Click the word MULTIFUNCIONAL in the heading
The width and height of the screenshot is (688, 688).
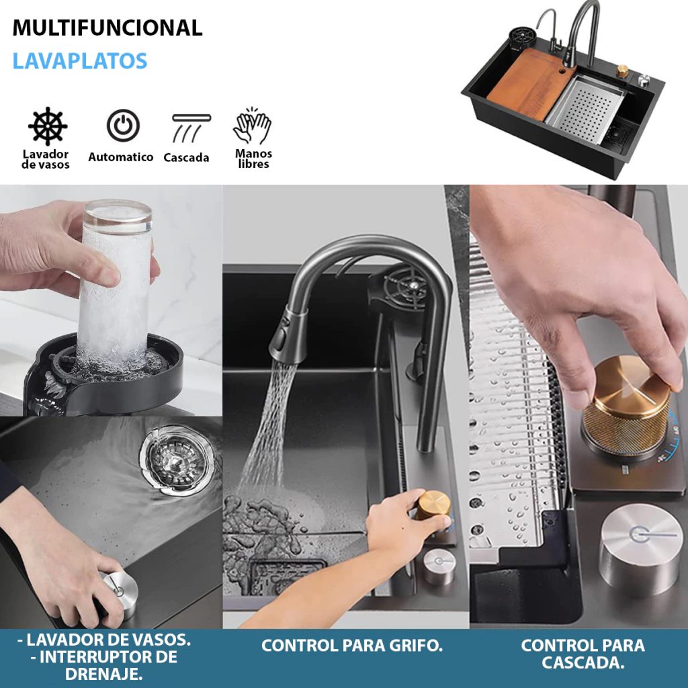click(107, 28)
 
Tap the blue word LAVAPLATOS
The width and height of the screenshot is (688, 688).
click(79, 60)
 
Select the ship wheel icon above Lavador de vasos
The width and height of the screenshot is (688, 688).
click(48, 126)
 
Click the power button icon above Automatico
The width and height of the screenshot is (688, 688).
click(124, 126)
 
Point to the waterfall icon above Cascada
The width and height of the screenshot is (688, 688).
click(190, 128)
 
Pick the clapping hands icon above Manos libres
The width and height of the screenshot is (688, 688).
click(253, 126)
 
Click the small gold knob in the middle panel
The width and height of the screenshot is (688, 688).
click(433, 507)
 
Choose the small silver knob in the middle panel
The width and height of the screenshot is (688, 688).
click(439, 566)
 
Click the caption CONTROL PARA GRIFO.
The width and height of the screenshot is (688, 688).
click(352, 646)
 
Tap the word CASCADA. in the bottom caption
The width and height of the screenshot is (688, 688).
click(583, 662)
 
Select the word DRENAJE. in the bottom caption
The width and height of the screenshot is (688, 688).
click(104, 673)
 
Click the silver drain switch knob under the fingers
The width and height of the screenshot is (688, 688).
click(118, 593)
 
